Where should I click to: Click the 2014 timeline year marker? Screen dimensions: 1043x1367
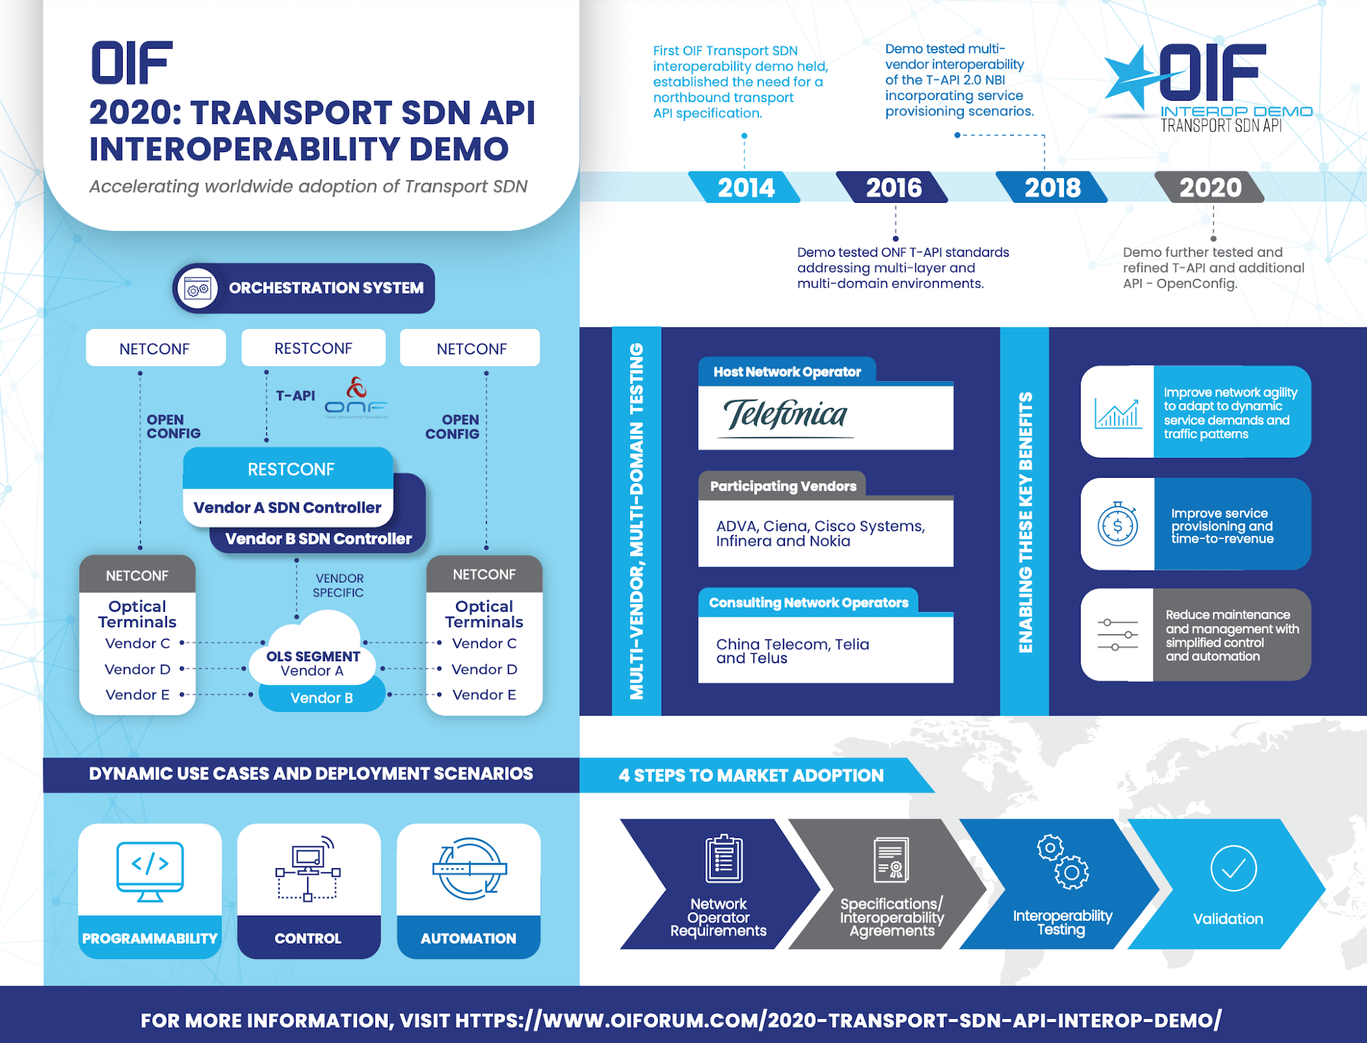coord(745,188)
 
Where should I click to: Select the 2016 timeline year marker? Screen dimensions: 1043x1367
coord(893,188)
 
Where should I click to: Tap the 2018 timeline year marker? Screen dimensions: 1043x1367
coord(1052,188)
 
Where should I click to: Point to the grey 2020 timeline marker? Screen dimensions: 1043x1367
coord(1209,188)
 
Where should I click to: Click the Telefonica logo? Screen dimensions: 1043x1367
coord(786,416)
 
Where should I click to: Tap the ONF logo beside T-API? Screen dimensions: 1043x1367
coord(356,398)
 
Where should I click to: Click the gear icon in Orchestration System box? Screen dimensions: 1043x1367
coord(198,289)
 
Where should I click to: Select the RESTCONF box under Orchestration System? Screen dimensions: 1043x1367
coord(313,348)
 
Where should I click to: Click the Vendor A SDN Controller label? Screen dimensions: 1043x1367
coord(287,508)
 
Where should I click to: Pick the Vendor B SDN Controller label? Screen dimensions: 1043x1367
coord(318,539)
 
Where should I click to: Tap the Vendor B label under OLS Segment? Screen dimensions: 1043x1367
coord(321,698)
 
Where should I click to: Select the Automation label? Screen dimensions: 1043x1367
coord(468,938)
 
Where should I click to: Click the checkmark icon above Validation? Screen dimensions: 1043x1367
coord(1233,868)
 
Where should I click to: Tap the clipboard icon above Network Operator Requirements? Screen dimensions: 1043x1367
coord(724,859)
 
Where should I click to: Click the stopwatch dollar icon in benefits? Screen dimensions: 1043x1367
coord(1117,525)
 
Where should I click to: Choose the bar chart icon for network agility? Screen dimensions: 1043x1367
coord(1117,413)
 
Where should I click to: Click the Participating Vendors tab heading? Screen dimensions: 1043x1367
coord(782,486)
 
